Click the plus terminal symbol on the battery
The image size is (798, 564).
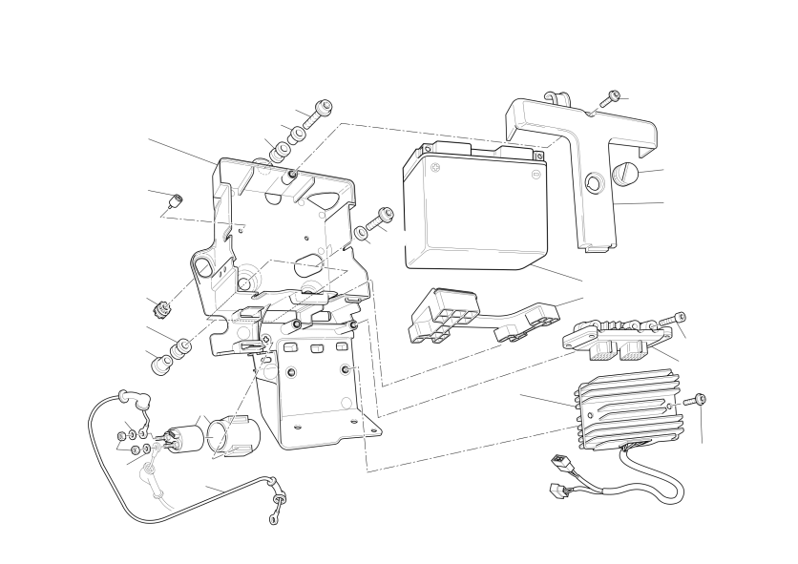pos(436,169)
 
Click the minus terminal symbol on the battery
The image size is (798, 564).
pos(535,173)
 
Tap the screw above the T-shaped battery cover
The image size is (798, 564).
pos(609,98)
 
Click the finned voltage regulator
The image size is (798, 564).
pos(625,410)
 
